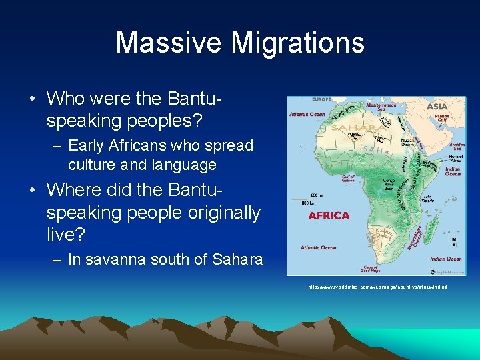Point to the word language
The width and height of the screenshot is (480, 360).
coord(183,165)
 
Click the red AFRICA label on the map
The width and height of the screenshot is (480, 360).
coord(329,216)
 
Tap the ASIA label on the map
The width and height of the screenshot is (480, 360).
coord(437,107)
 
